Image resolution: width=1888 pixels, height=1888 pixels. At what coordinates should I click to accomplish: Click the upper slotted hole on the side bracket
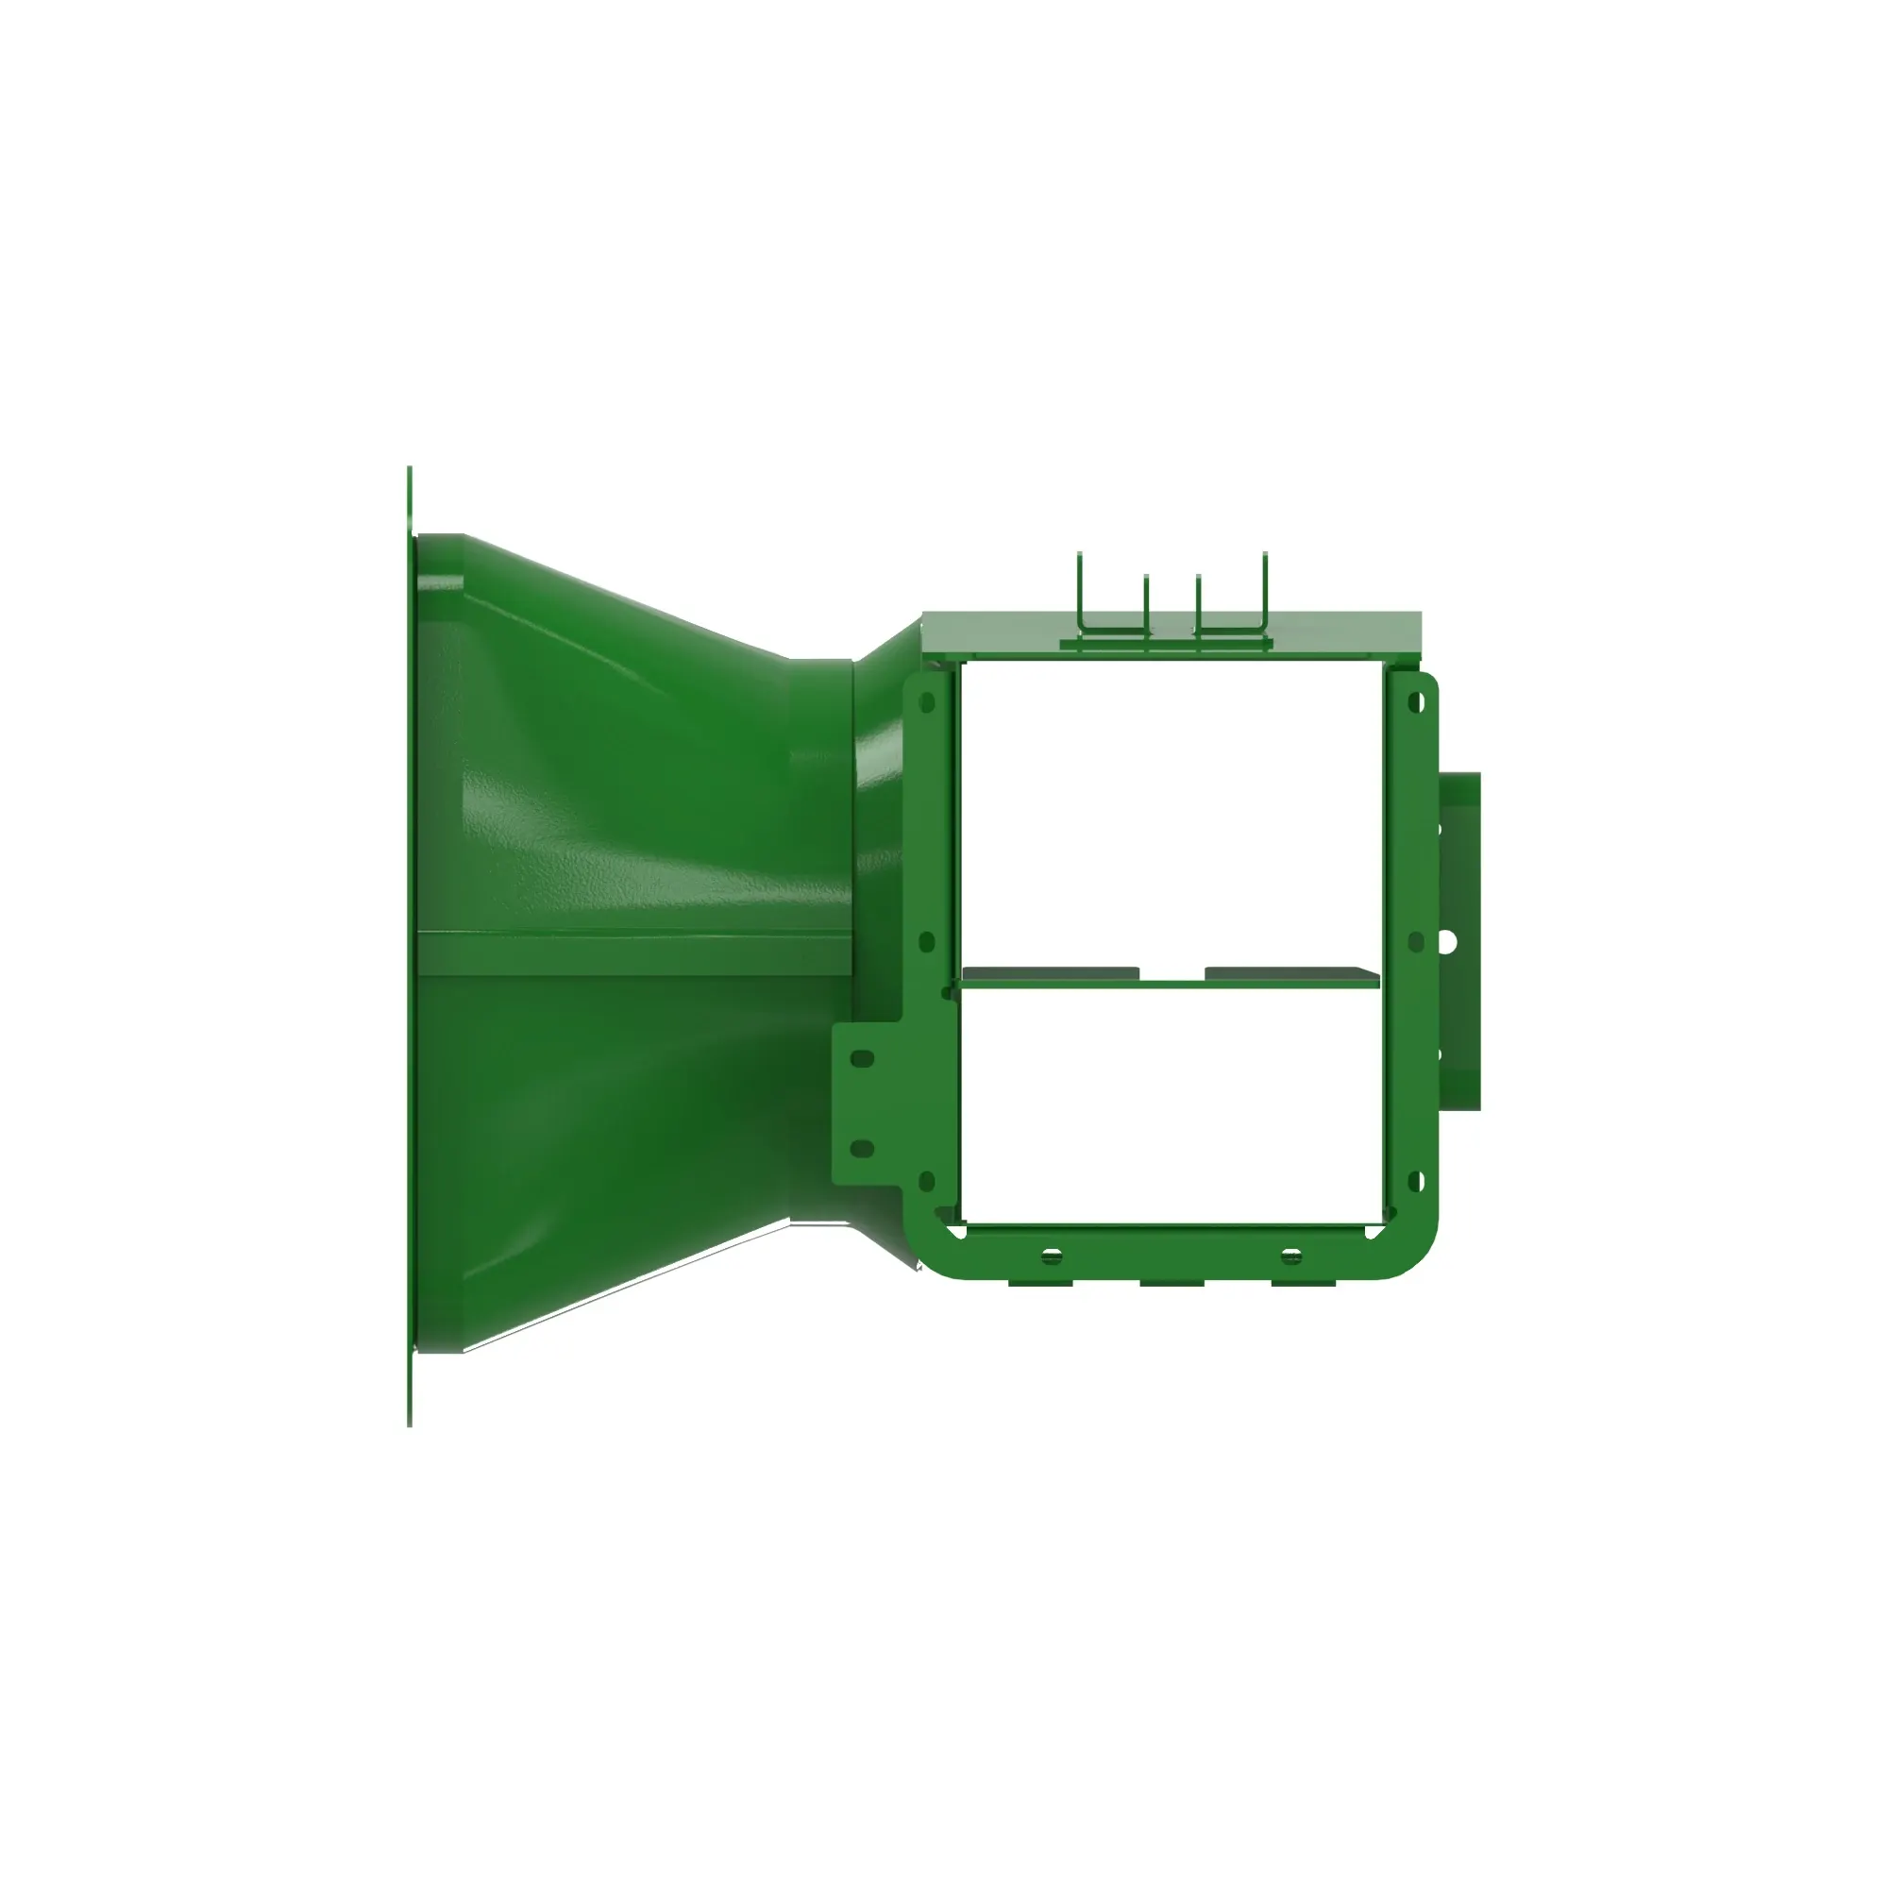pos(862,1059)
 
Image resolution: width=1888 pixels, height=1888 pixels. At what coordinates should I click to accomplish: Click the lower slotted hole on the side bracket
pos(862,1148)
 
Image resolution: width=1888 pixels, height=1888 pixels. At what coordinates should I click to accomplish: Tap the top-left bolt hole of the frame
pos(927,702)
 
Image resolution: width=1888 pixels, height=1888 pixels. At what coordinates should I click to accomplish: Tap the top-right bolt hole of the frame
pos(1416,701)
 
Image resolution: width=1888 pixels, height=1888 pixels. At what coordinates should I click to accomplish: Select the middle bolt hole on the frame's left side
pos(927,941)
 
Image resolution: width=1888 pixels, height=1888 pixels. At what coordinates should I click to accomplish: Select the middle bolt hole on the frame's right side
pos(1416,941)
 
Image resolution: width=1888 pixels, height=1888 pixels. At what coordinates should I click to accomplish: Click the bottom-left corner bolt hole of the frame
pos(927,1183)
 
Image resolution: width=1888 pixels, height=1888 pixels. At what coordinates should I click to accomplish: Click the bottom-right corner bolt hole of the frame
pos(1416,1183)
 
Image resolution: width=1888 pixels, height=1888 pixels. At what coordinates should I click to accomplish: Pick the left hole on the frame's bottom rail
pos(1052,1256)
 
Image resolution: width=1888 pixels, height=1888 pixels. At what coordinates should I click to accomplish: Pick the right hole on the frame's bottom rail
pos(1290,1256)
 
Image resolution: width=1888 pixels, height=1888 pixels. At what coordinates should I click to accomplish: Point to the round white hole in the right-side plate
pos(1448,941)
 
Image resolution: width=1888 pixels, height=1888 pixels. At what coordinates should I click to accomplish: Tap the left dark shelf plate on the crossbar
pos(1051,973)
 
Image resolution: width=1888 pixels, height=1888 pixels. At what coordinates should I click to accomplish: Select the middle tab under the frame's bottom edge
pos(1172,1282)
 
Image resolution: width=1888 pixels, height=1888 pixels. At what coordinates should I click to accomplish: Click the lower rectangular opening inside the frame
pos(1172,1104)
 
